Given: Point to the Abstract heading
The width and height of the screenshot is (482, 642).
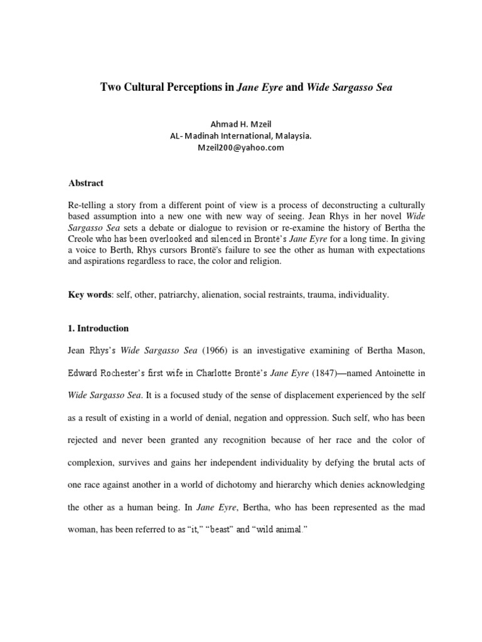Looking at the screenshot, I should pyautogui.click(x=85, y=183).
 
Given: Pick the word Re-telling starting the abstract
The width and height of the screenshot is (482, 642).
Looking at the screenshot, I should pyautogui.click(x=88, y=205).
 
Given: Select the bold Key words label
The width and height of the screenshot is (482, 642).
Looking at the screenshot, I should pyautogui.click(x=89, y=294).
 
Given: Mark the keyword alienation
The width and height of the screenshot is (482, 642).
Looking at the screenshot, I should pyautogui.click(x=217, y=294).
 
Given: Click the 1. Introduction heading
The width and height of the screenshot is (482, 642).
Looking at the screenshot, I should pyautogui.click(x=99, y=328).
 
